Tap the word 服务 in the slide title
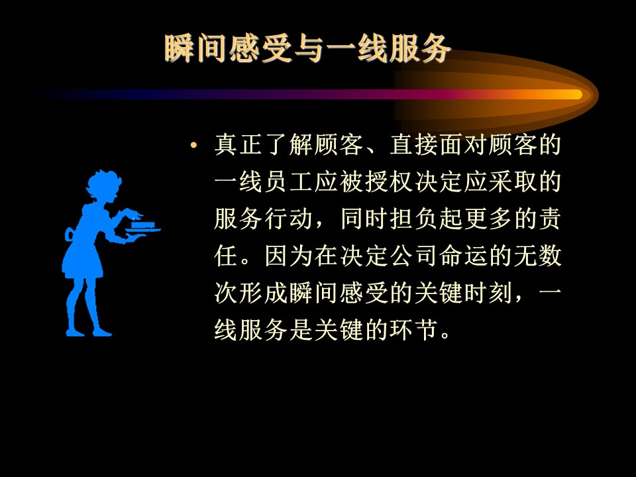tap(419, 48)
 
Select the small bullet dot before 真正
tap(194, 145)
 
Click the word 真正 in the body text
tap(238, 145)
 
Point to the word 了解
tap(288, 145)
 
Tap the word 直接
tap(413, 145)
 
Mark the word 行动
tap(288, 219)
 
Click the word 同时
tap(364, 219)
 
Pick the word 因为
tap(288, 256)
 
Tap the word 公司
tap(413, 256)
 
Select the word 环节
tap(413, 329)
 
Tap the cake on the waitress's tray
tap(143, 225)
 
